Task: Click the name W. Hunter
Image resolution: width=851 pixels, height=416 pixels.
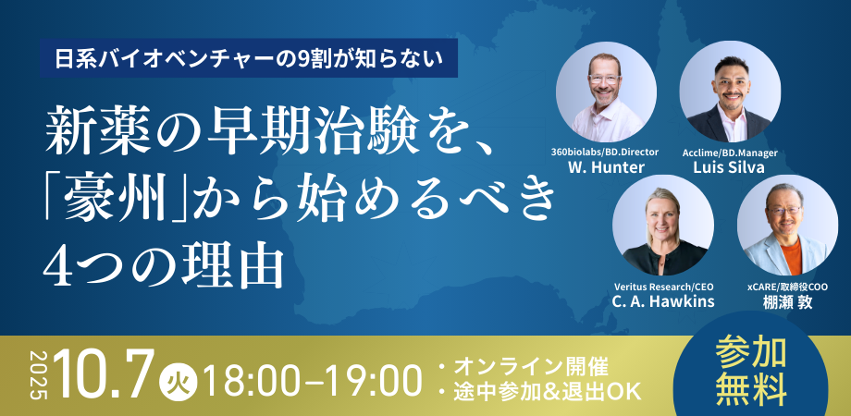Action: coord(606,167)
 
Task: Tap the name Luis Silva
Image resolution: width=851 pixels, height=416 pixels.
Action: coord(729,167)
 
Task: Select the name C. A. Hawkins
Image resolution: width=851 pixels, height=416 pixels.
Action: coord(663,301)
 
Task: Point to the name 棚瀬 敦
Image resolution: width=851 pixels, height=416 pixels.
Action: coord(787,302)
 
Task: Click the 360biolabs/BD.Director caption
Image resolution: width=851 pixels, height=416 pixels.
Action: coord(605,153)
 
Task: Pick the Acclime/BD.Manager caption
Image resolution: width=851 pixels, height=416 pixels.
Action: coord(730,153)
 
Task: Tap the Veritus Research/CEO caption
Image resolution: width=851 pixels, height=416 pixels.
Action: coord(663,287)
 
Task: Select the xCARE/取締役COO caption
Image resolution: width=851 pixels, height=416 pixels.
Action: coord(787,287)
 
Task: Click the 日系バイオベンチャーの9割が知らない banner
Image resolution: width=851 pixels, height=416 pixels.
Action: coord(249,58)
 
